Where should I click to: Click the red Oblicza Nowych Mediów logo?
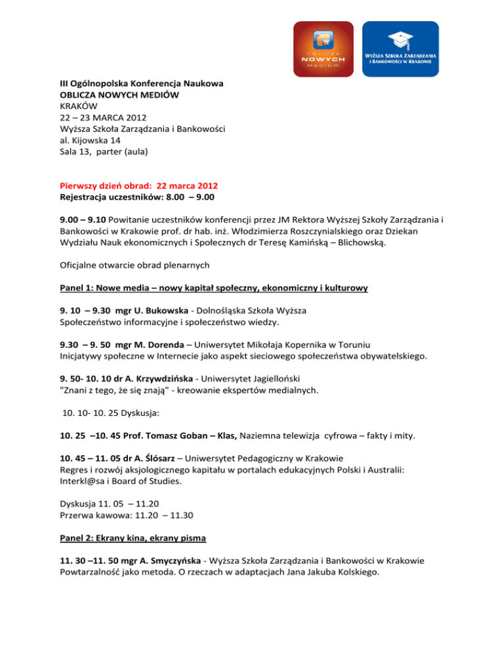pos(322,49)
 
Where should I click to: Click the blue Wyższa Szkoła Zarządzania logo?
pos(401,49)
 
